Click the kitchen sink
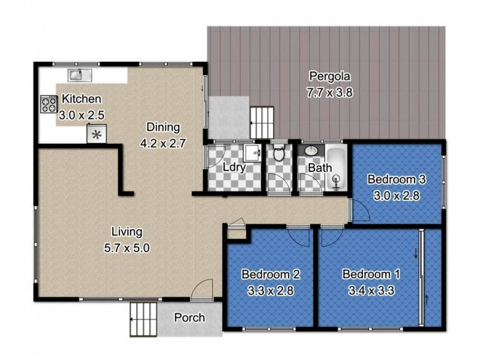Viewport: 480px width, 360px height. click(x=79, y=75)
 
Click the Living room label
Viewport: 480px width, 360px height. click(x=126, y=231)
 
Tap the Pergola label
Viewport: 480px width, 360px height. click(x=329, y=76)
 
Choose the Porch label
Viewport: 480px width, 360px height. click(x=189, y=317)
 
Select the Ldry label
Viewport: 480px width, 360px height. click(x=233, y=167)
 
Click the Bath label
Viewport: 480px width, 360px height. click(x=319, y=167)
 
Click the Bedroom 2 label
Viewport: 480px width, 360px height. click(x=271, y=274)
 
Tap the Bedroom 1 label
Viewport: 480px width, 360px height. click(x=371, y=274)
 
